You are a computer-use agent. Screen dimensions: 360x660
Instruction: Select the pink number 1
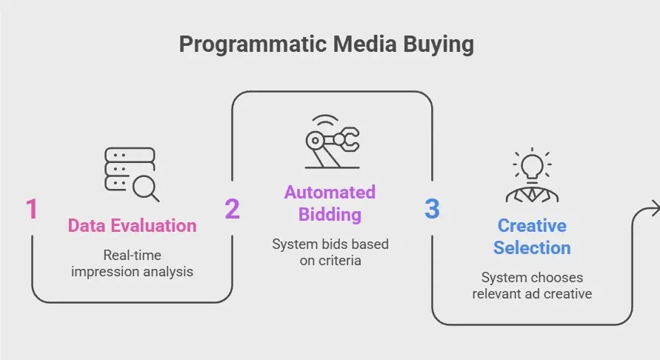32,209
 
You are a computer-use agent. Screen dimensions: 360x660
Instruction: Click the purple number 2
233,209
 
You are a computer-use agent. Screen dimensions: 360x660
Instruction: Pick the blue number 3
432,209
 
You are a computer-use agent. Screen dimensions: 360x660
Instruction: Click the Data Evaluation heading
133,226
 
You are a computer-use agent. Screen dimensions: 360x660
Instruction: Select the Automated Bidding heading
330,204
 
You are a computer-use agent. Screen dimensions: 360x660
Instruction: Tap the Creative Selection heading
532,236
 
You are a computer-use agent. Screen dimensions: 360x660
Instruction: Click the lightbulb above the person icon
532,164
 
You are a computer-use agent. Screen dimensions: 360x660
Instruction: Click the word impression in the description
104,272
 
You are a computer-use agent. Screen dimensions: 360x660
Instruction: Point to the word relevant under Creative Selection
502,293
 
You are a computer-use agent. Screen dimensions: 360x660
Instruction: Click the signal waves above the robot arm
324,120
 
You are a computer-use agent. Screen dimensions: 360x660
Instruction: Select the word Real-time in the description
132,256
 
